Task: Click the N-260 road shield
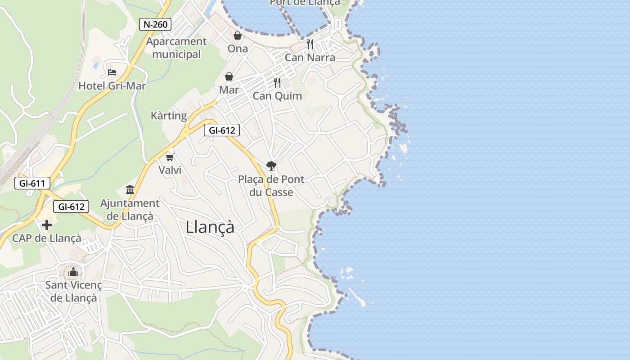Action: (x=155, y=24)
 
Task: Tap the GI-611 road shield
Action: (x=32, y=183)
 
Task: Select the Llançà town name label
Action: (x=210, y=227)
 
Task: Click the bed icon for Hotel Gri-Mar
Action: (x=112, y=72)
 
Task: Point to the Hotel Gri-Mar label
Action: (x=112, y=85)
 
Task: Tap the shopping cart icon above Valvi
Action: (x=170, y=157)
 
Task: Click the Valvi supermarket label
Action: (x=170, y=170)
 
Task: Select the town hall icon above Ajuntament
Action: (x=130, y=189)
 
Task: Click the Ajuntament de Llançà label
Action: (x=130, y=209)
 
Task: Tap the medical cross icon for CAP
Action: (x=47, y=225)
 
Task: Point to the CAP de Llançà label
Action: (x=47, y=238)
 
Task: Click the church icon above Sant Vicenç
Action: (x=73, y=272)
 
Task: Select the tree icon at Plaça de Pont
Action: (x=271, y=166)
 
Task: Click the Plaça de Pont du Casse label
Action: (x=271, y=185)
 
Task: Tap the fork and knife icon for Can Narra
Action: (x=310, y=44)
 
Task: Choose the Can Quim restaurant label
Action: (x=277, y=96)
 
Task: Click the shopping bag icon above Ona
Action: (x=237, y=36)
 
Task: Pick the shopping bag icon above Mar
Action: (x=229, y=76)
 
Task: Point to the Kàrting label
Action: (x=169, y=116)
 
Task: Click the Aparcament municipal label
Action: (x=176, y=48)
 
